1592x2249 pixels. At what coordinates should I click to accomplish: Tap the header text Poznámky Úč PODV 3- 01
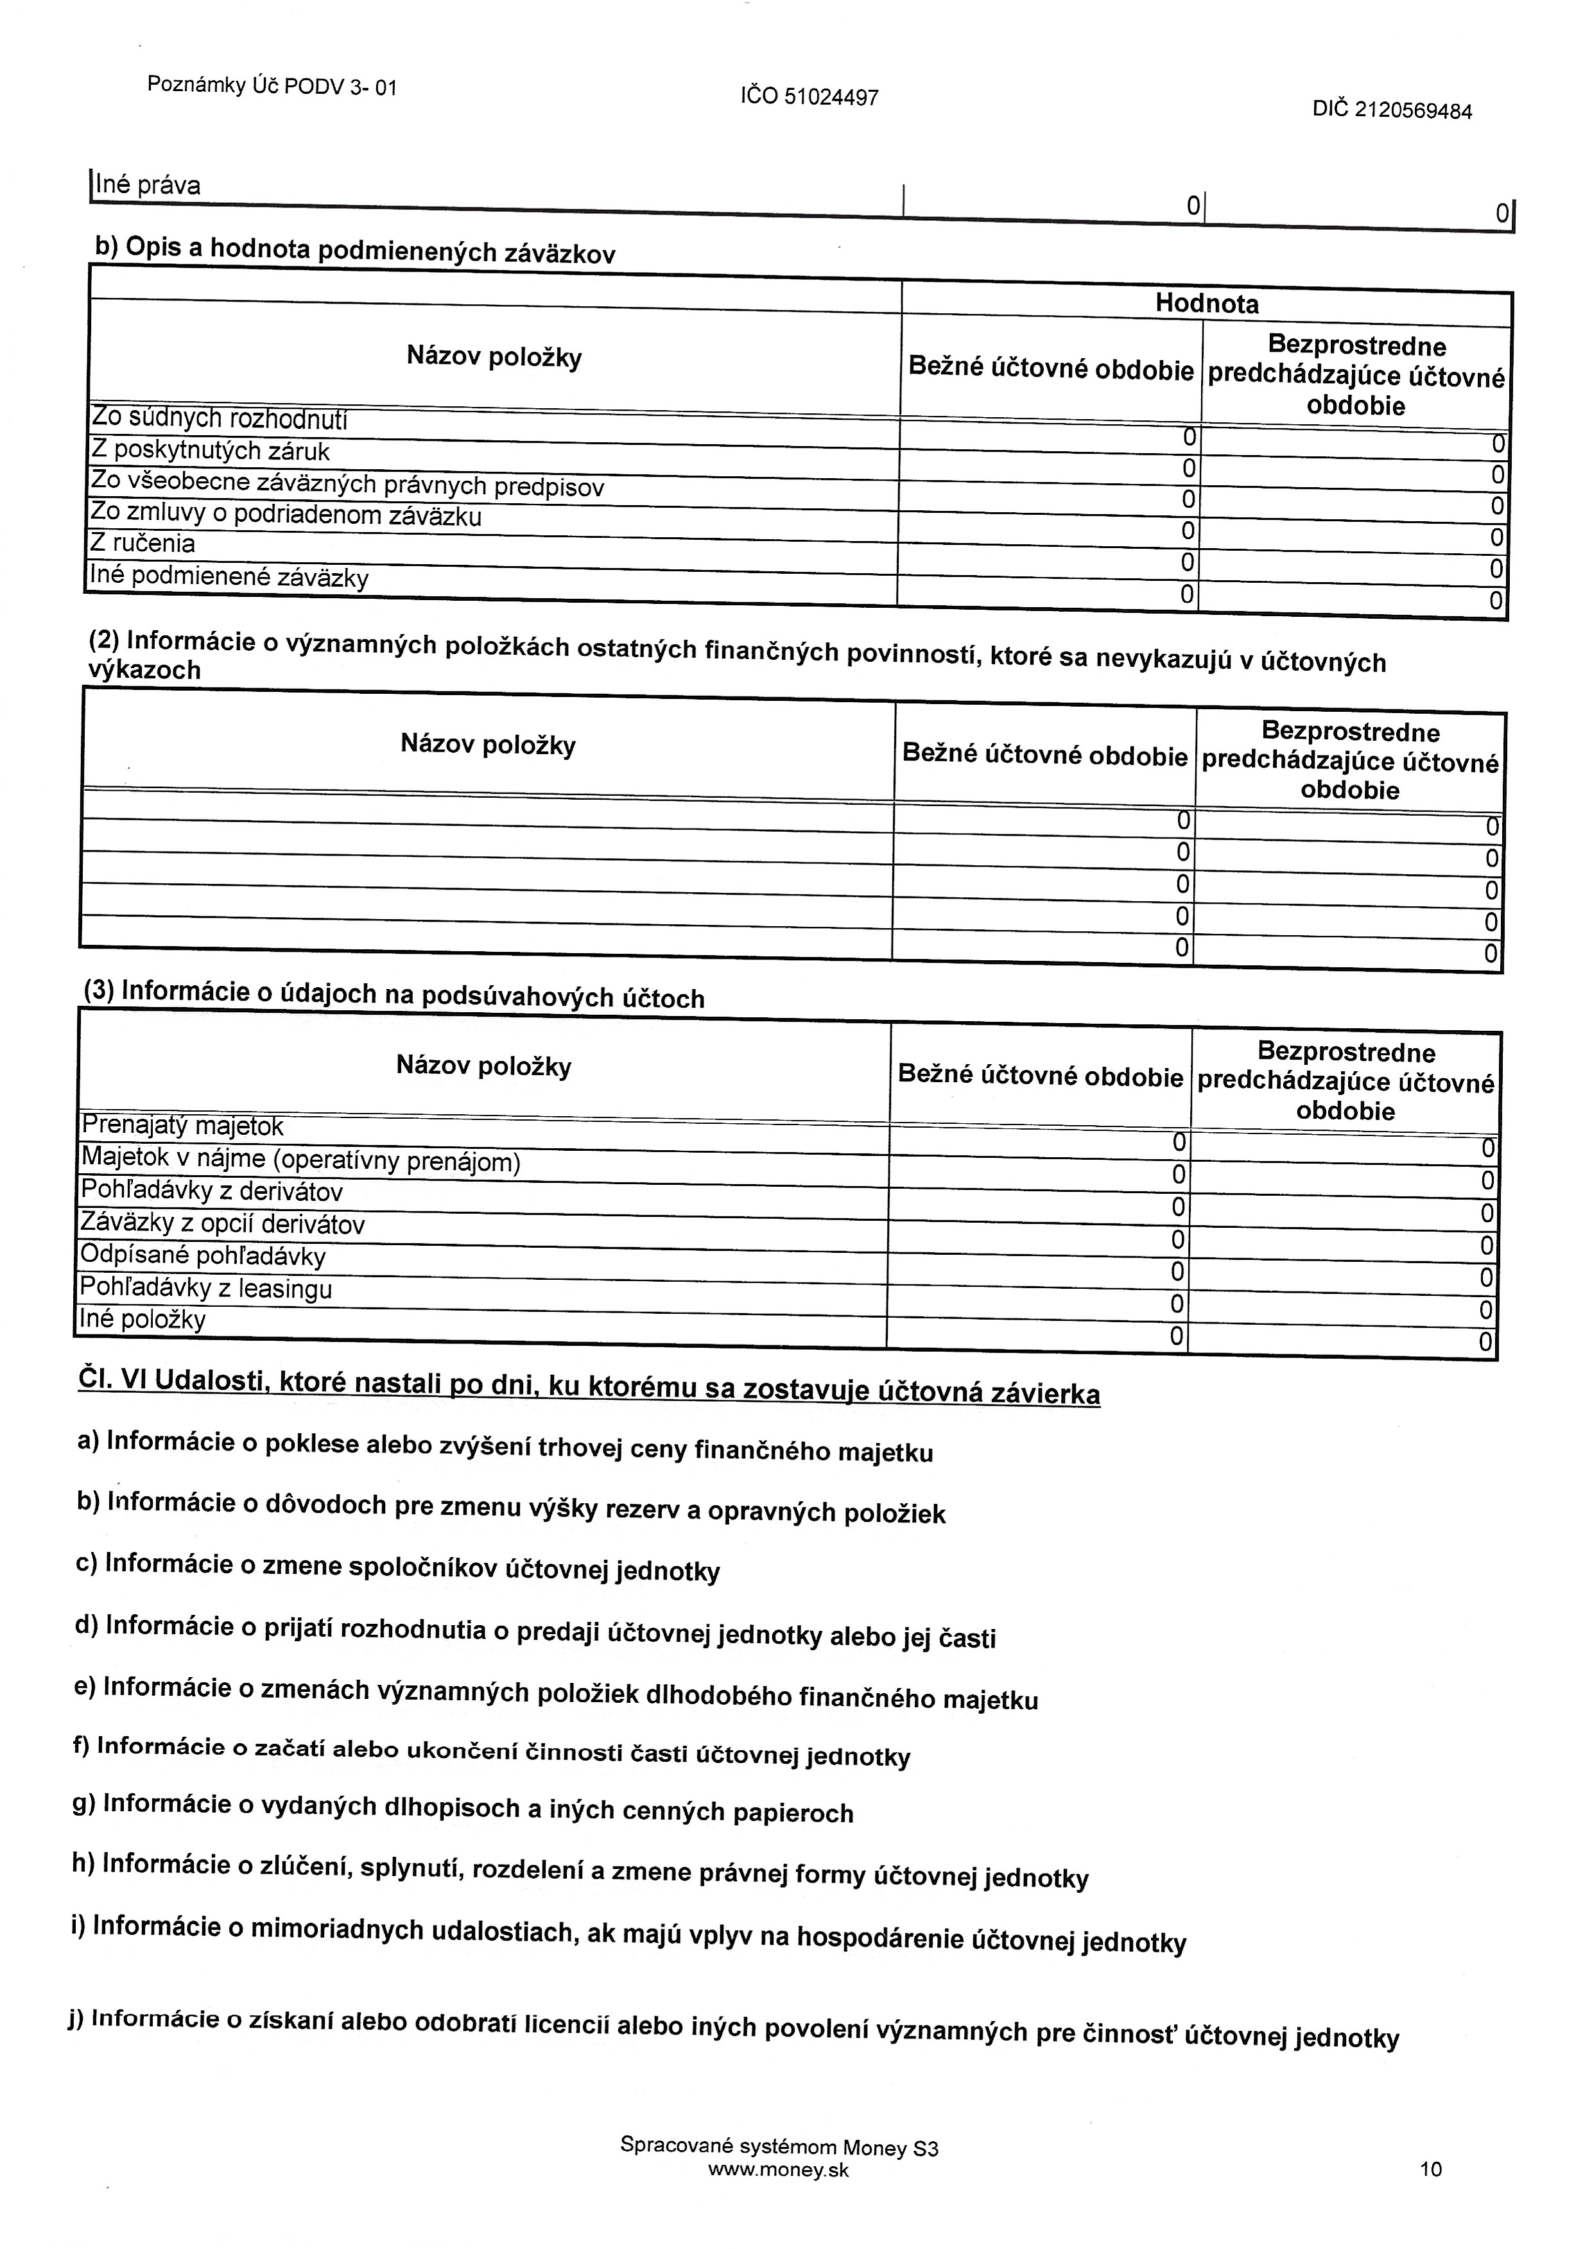point(272,86)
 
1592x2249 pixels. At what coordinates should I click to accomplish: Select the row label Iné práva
point(147,185)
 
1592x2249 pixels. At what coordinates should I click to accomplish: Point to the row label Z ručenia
point(143,544)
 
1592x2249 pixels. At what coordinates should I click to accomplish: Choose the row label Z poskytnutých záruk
point(210,451)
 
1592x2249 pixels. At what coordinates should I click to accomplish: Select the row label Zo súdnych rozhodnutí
point(219,419)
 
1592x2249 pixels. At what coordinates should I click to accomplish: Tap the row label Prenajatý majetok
point(182,1126)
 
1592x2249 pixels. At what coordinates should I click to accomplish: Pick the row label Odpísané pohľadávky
point(203,1256)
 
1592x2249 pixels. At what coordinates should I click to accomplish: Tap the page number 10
point(1430,2169)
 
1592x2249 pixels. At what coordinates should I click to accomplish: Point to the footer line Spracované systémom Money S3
point(779,2146)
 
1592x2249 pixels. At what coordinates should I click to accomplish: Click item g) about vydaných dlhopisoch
point(463,1808)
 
